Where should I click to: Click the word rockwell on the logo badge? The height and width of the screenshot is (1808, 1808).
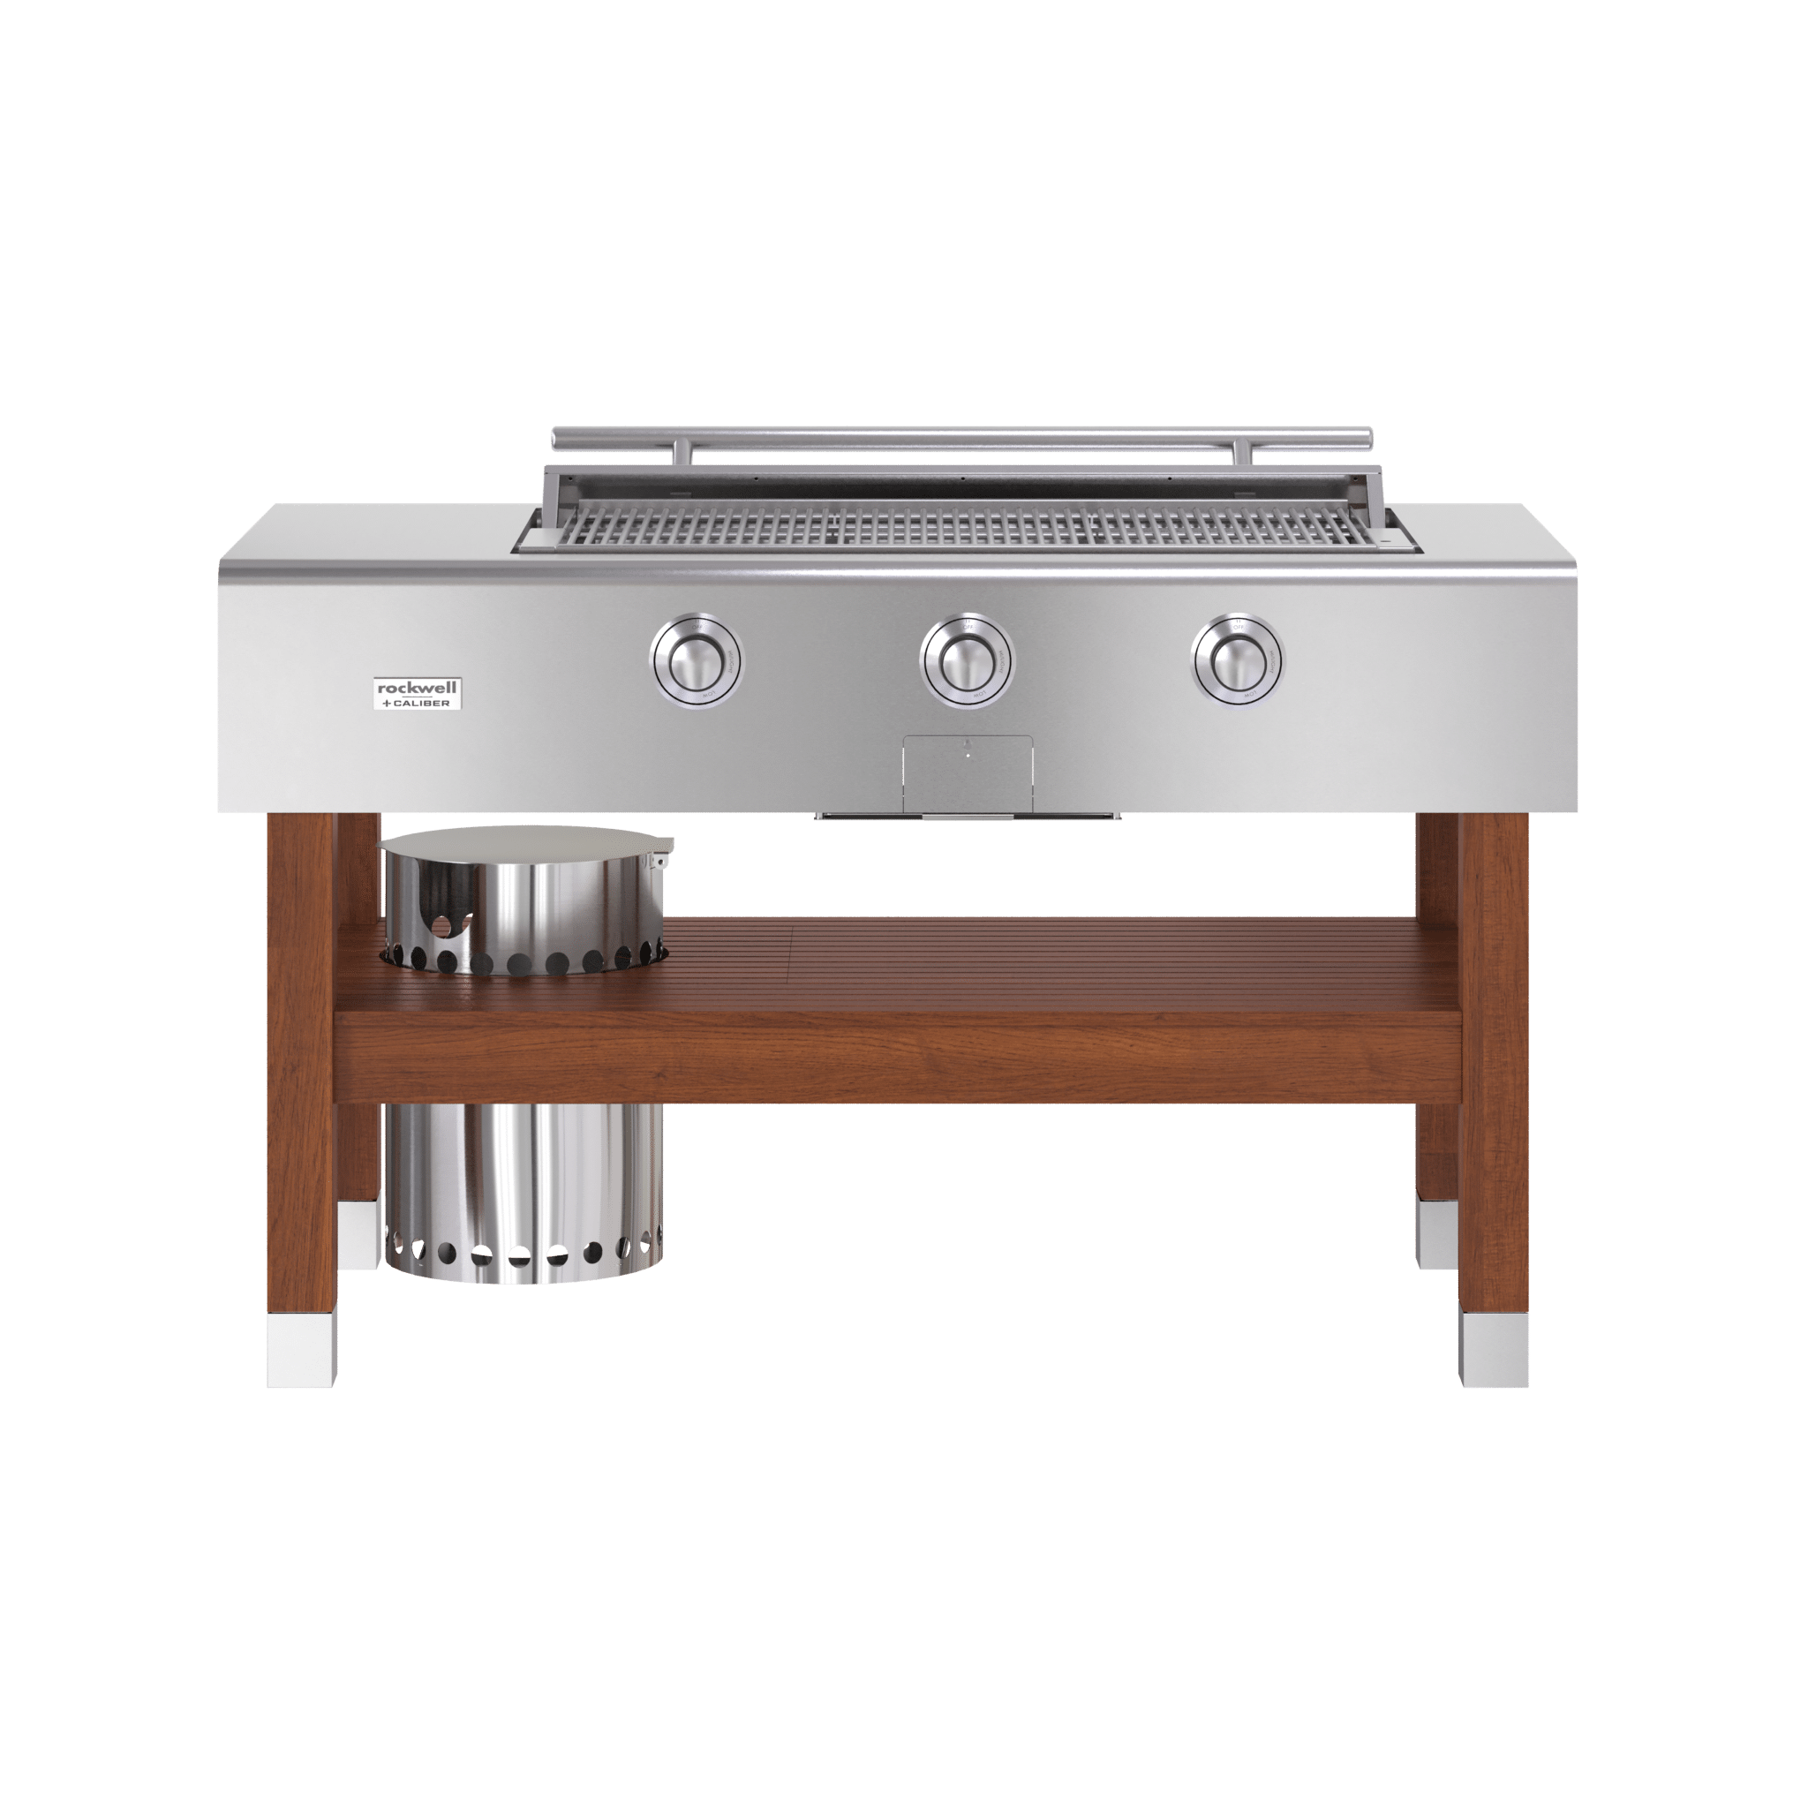pos(418,687)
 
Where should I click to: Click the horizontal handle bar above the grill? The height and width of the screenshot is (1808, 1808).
pos(962,436)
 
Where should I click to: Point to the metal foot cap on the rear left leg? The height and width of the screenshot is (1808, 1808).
pos(358,1232)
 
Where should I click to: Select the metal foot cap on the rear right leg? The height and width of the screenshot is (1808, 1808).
pos(1436,1232)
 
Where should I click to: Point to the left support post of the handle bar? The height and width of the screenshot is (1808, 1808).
pos(688,452)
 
